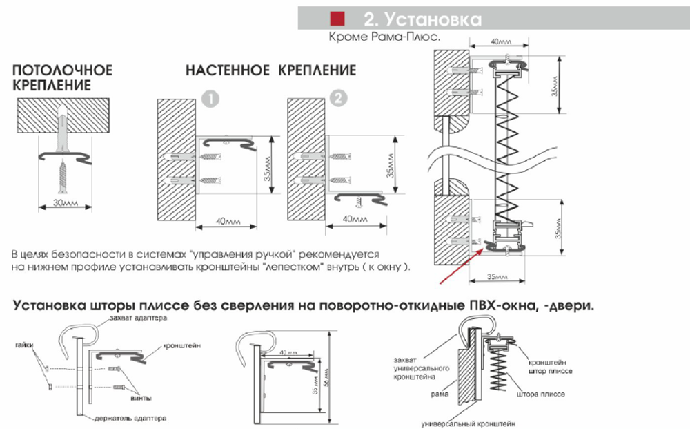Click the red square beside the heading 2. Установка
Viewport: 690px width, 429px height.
coord(338,19)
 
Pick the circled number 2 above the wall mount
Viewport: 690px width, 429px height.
coord(337,99)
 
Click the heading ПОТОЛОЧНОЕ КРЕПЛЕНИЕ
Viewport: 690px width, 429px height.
coord(62,77)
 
